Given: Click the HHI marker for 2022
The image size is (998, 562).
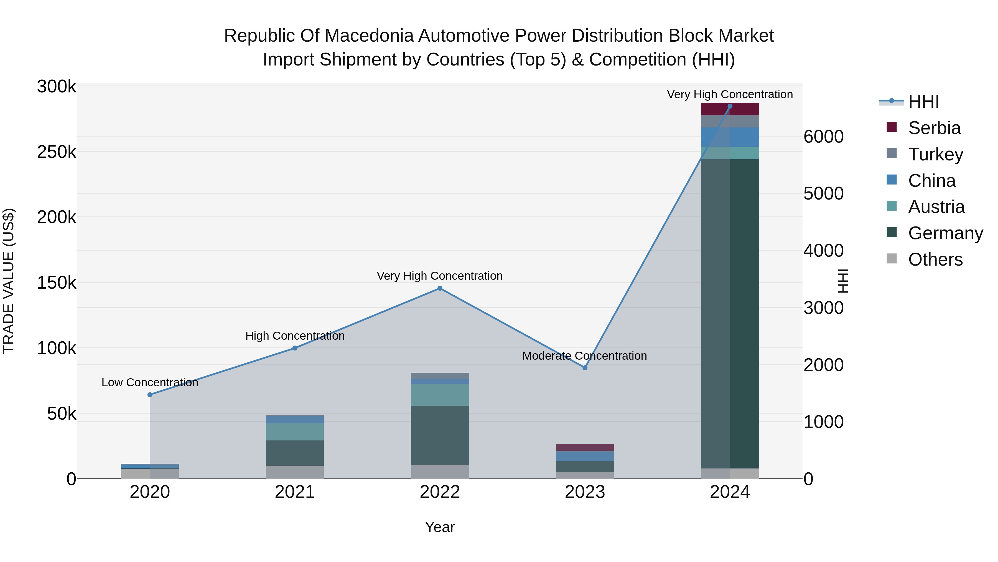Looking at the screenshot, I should coord(440,288).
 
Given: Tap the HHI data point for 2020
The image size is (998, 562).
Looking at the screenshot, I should coord(150,394).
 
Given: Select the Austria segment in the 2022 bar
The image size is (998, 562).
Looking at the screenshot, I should coord(440,395).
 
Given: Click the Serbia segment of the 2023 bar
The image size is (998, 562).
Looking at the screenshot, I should coord(585,447).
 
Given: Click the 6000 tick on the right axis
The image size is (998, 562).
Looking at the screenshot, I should coord(823,137).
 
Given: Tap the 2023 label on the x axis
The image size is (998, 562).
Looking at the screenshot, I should coord(585,492).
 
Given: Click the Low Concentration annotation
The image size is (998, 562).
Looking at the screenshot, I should coord(150,382).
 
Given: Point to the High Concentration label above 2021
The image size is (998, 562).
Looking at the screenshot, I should coord(295,336).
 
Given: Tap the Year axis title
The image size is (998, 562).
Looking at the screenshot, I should coord(440,527).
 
